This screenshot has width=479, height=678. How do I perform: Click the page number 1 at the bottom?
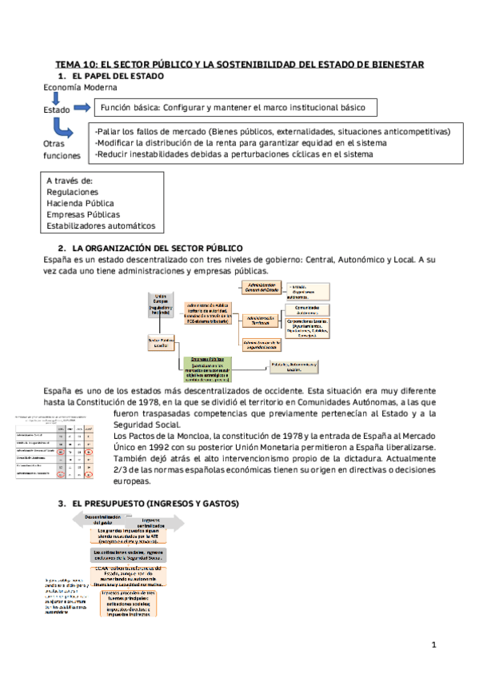tap(433, 644)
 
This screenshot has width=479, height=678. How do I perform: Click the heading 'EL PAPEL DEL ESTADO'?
tap(118, 76)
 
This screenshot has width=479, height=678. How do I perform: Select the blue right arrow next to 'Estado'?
tap(82, 108)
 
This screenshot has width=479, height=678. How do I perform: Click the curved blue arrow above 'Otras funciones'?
tap(62, 128)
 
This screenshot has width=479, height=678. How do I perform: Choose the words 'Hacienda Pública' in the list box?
tap(80, 203)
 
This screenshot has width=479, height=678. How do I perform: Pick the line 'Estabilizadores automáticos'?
tap(101, 225)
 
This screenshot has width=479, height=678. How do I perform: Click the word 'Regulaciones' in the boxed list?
tap(73, 192)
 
